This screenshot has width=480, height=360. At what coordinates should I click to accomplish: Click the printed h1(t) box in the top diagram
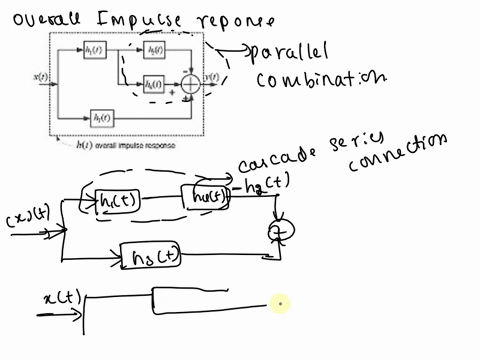(x=94, y=50)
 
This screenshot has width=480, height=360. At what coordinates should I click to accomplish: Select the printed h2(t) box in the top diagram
(x=153, y=50)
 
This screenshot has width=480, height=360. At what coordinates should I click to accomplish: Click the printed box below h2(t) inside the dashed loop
(x=153, y=83)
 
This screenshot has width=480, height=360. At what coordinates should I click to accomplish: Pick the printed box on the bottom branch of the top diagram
(x=101, y=117)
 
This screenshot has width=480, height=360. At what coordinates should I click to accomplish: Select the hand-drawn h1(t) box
(x=122, y=201)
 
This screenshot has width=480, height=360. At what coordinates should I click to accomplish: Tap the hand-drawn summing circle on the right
(x=275, y=232)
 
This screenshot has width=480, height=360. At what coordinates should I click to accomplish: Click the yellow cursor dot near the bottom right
(x=281, y=302)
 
